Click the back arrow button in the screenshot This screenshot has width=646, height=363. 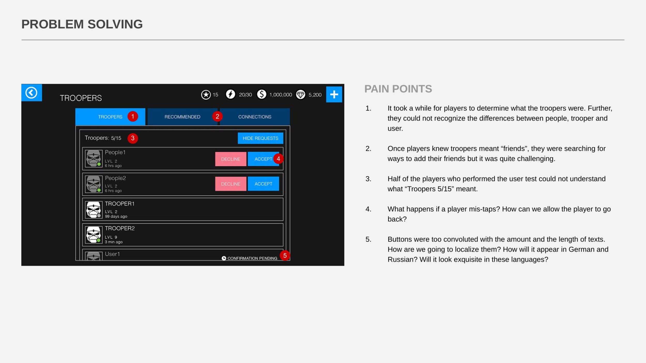(32, 93)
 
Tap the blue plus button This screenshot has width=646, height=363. (334, 94)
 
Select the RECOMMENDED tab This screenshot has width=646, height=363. (182, 117)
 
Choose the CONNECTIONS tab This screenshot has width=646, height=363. (255, 117)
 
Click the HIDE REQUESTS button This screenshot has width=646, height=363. (260, 138)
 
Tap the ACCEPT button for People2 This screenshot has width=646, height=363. (263, 184)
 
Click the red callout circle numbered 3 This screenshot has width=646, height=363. (133, 138)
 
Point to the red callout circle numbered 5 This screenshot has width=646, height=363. (285, 256)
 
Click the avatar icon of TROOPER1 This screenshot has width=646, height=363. (94, 210)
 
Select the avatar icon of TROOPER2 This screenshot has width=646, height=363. (94, 235)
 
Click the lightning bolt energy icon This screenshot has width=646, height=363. (230, 94)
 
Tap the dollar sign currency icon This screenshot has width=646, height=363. (262, 94)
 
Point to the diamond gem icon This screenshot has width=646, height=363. (301, 95)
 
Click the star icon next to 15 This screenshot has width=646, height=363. (206, 95)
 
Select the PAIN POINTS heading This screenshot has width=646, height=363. (398, 89)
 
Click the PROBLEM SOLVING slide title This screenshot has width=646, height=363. (82, 24)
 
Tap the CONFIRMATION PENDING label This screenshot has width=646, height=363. (252, 258)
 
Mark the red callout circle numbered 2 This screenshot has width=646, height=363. (217, 117)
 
